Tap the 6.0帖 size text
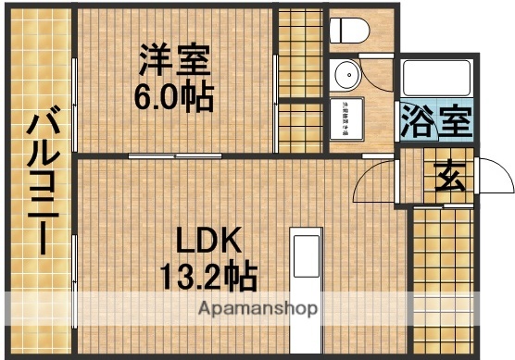(174, 96)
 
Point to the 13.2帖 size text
(209, 276)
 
